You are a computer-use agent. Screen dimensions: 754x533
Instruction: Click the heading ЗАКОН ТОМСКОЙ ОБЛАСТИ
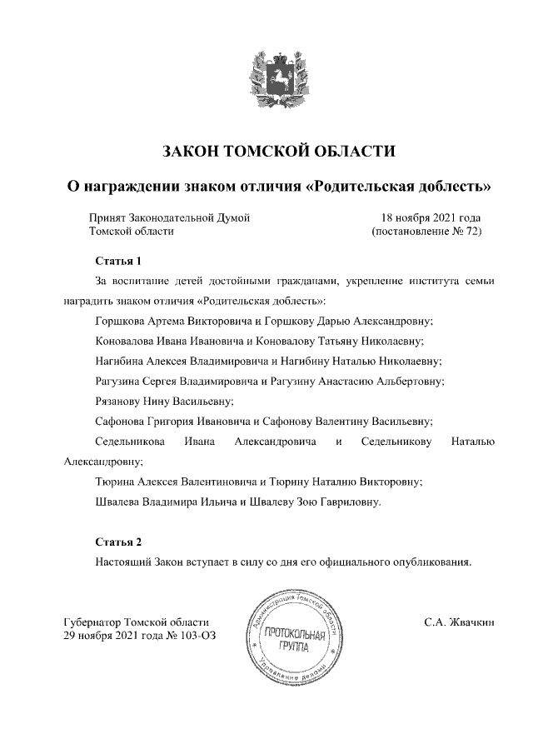tap(278, 151)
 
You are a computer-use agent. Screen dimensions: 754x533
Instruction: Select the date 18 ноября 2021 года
tap(431, 217)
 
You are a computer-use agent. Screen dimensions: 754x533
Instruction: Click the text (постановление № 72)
tap(426, 232)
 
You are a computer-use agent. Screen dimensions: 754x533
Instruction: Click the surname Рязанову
tap(122, 401)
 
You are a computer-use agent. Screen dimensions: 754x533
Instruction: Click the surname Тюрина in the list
tap(116, 481)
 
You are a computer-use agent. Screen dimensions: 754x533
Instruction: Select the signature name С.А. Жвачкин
tap(459, 622)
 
